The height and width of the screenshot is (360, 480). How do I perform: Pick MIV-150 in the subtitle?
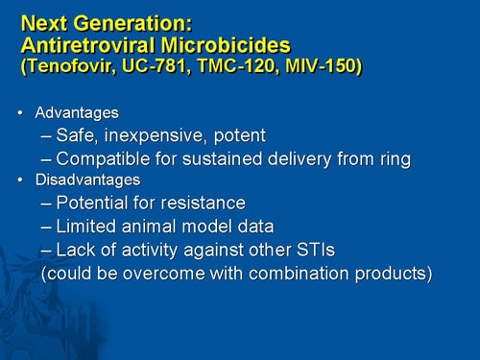316,68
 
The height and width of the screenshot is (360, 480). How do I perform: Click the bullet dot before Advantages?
21,113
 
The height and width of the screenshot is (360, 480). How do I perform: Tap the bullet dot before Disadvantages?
21,180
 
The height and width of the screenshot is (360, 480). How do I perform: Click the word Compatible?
100,158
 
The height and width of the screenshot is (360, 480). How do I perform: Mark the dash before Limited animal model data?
47,226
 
